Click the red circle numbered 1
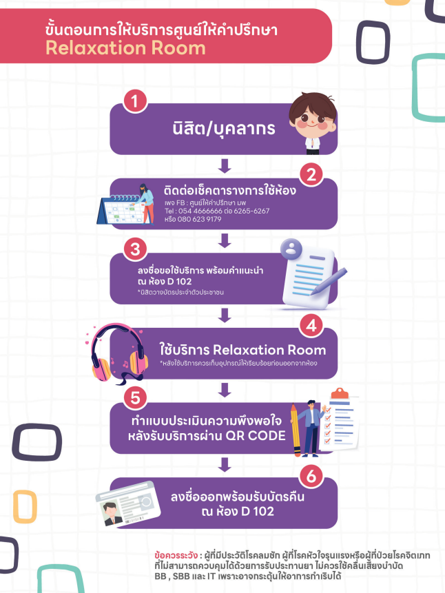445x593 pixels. pos(135,101)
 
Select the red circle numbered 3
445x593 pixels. pos(135,249)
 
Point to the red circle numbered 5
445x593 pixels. pos(135,397)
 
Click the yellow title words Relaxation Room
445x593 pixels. pos(125,48)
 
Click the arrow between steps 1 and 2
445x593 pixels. pos(223,165)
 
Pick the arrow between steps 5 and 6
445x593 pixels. pos(223,466)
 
